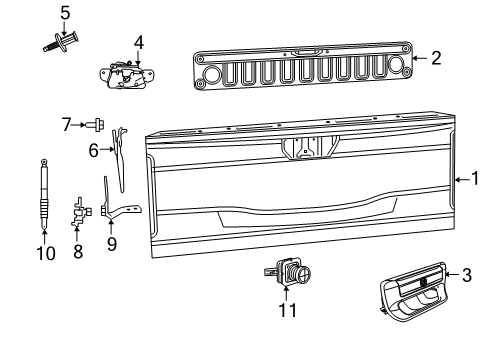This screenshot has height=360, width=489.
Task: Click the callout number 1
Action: (x=476, y=179)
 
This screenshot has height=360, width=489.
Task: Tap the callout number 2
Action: (x=436, y=58)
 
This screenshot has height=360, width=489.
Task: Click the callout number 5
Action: (x=65, y=13)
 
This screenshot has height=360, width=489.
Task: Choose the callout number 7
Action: (x=66, y=125)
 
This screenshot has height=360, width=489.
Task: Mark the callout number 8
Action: (x=77, y=252)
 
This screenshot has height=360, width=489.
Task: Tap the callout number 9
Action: (x=112, y=242)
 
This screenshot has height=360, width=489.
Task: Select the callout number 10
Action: (x=44, y=253)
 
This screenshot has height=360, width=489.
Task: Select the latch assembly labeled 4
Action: (x=125, y=76)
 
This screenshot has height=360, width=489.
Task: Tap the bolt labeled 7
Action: (x=93, y=125)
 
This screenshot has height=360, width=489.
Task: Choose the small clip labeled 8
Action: (x=77, y=213)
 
